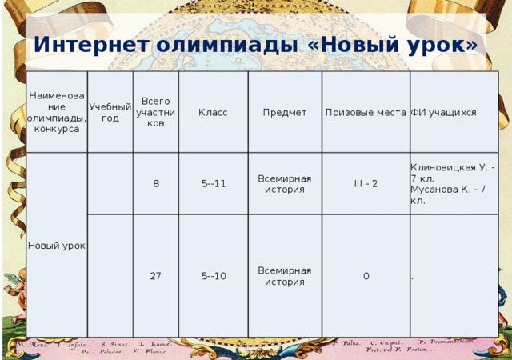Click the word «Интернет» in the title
point(90,45)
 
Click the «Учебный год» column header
point(110,113)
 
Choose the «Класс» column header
point(213,113)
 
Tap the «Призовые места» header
point(365,113)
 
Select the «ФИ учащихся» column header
point(443,113)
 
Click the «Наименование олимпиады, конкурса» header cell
point(57,113)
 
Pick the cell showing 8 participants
point(156,183)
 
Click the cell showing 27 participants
point(156,276)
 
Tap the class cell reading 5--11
point(213,183)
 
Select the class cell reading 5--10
point(213,276)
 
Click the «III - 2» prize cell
point(366,183)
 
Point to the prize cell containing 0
point(366,276)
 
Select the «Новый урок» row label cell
point(57,244)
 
